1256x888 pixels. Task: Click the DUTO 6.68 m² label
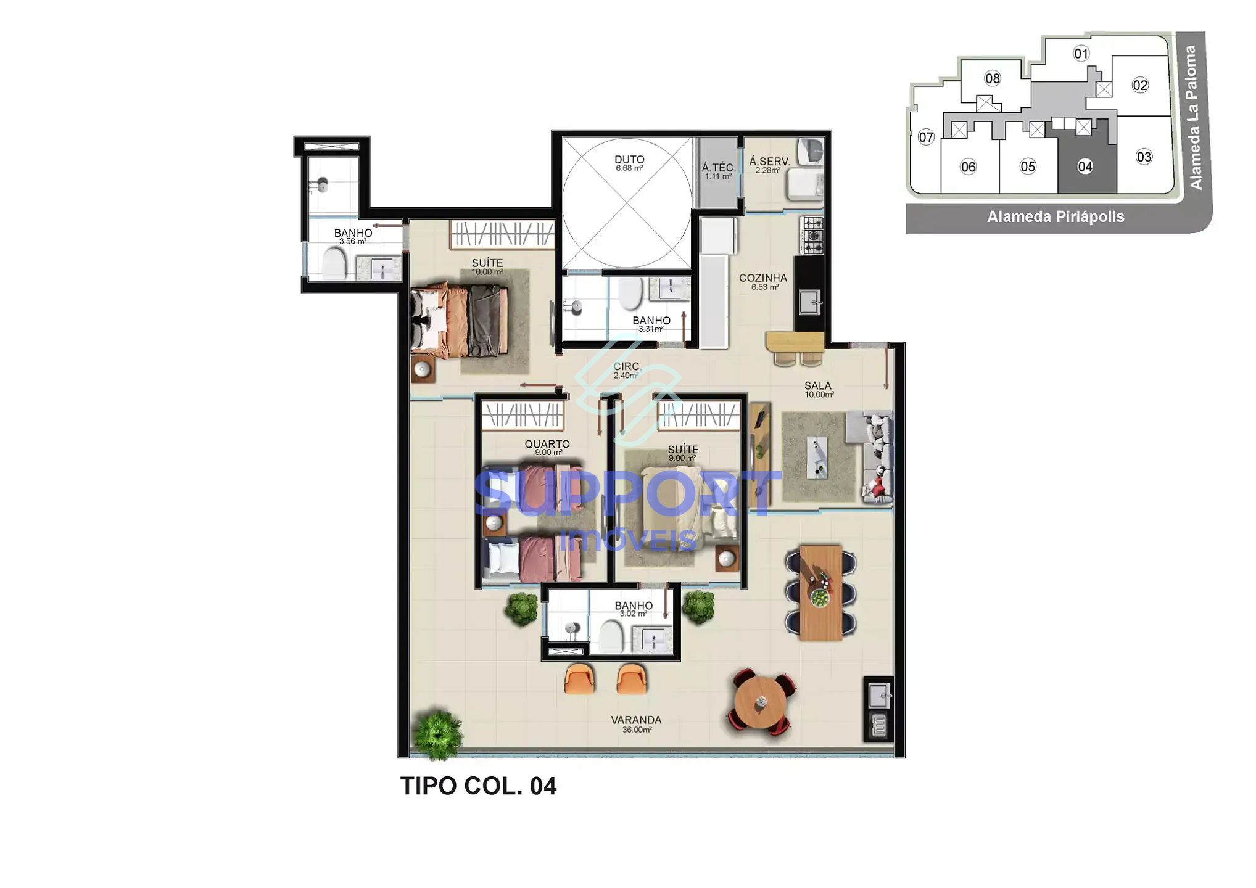pyautogui.click(x=629, y=163)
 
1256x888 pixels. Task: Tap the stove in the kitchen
pyautogui.click(x=812, y=236)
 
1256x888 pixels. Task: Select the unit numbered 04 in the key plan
pyautogui.click(x=1085, y=166)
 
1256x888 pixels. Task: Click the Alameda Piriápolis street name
pyautogui.click(x=1055, y=217)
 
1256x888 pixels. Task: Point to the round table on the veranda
pyautogui.click(x=761, y=702)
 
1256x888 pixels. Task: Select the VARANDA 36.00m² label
pyautogui.click(x=636, y=724)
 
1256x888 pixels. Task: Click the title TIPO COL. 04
pyautogui.click(x=478, y=786)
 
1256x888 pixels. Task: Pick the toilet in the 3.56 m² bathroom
pyautogui.click(x=334, y=264)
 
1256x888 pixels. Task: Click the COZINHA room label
pyautogui.click(x=763, y=281)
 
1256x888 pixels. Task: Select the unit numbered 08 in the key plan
pyautogui.click(x=992, y=78)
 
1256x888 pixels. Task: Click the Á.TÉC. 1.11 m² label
pyautogui.click(x=718, y=171)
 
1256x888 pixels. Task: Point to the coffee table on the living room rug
pyautogui.click(x=817, y=458)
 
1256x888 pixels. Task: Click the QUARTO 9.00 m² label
pyautogui.click(x=547, y=447)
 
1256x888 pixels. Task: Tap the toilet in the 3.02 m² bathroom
pyautogui.click(x=611, y=636)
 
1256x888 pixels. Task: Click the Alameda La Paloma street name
pyautogui.click(x=1193, y=117)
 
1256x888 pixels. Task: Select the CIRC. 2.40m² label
pyautogui.click(x=626, y=370)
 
